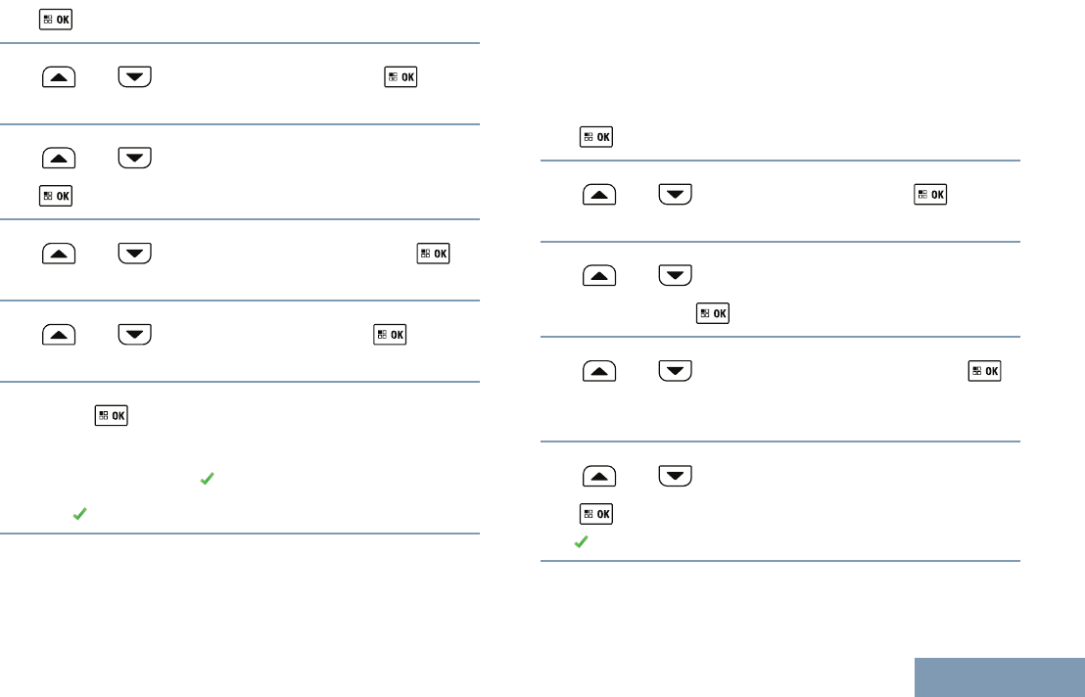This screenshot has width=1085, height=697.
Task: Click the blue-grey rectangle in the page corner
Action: pyautogui.click(x=1000, y=676)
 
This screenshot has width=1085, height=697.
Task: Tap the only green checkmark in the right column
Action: pyautogui.click(x=580, y=541)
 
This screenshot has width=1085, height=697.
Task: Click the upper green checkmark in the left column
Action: pyautogui.click(x=207, y=479)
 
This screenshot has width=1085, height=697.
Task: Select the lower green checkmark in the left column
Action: pyautogui.click(x=79, y=513)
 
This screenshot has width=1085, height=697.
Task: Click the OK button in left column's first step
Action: pyautogui.click(x=56, y=19)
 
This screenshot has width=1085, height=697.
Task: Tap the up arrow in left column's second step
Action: pyautogui.click(x=59, y=77)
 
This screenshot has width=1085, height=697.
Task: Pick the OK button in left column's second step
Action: pyautogui.click(x=401, y=76)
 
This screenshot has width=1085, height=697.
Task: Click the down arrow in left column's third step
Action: pyautogui.click(x=134, y=157)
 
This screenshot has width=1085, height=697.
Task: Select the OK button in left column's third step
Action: pyautogui.click(x=56, y=196)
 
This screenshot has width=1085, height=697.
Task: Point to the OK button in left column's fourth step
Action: pyautogui.click(x=434, y=253)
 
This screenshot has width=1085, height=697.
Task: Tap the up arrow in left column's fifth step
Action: pyautogui.click(x=59, y=335)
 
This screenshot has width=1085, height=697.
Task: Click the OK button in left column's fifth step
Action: pyautogui.click(x=389, y=335)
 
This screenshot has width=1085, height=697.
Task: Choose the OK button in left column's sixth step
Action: pyautogui.click(x=111, y=416)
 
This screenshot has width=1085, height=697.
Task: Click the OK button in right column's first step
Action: pyautogui.click(x=596, y=137)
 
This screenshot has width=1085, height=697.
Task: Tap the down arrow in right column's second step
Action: pyautogui.click(x=675, y=195)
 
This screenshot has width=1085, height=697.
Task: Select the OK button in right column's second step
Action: pyautogui.click(x=930, y=195)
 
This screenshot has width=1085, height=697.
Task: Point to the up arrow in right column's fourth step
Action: pyautogui.click(x=599, y=371)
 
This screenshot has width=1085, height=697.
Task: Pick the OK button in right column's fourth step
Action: pyautogui.click(x=984, y=371)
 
